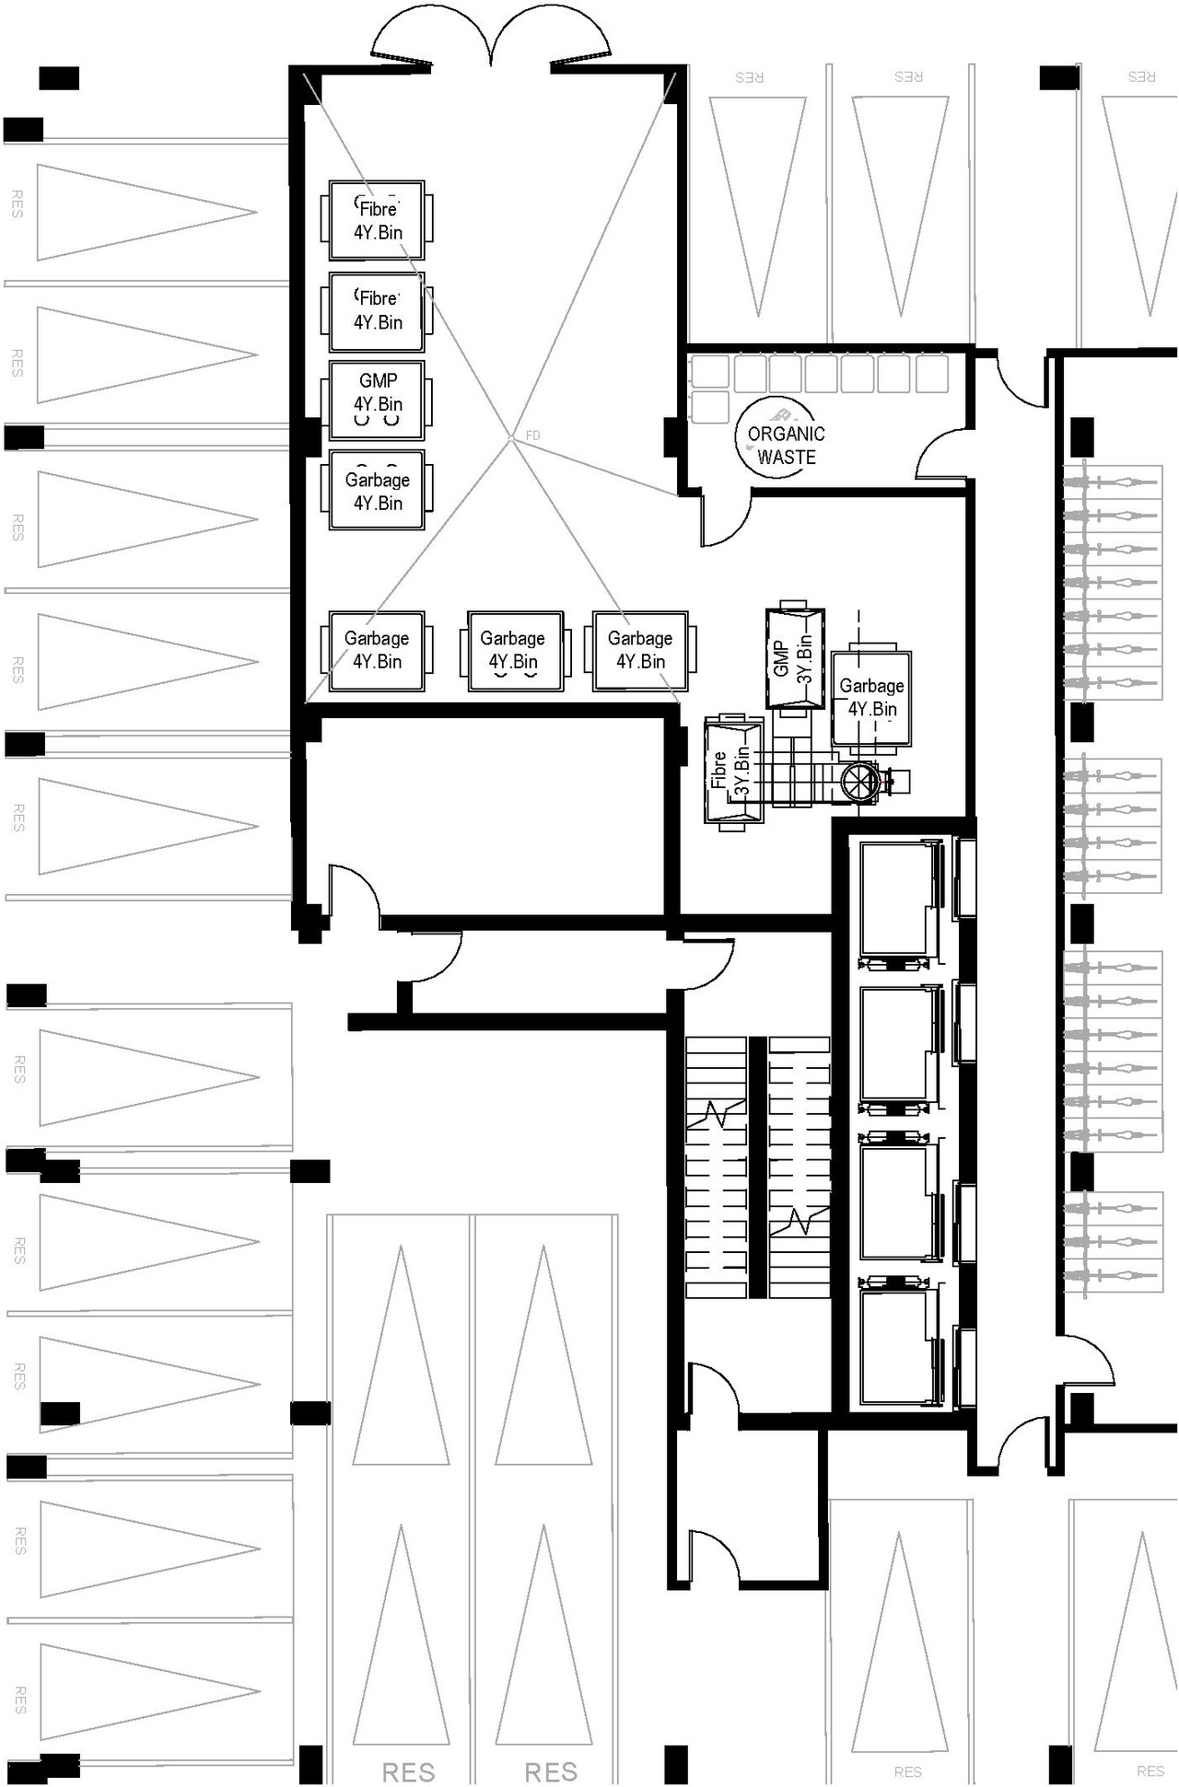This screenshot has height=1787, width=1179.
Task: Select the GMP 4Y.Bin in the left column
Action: point(377,399)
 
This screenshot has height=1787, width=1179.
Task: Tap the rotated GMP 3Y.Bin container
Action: point(794,658)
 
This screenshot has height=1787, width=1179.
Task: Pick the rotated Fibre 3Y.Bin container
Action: point(732,772)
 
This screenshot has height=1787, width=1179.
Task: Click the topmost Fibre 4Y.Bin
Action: point(377,219)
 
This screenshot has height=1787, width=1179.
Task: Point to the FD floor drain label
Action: point(532,435)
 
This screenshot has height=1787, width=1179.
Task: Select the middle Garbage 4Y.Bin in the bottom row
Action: point(514,650)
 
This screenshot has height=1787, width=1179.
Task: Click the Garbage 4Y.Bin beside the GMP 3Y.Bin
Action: point(870,698)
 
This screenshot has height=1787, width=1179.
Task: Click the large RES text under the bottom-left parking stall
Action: point(408,1771)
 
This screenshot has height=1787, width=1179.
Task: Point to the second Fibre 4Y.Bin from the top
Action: point(377,310)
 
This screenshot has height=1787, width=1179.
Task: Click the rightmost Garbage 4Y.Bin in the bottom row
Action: point(640,650)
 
